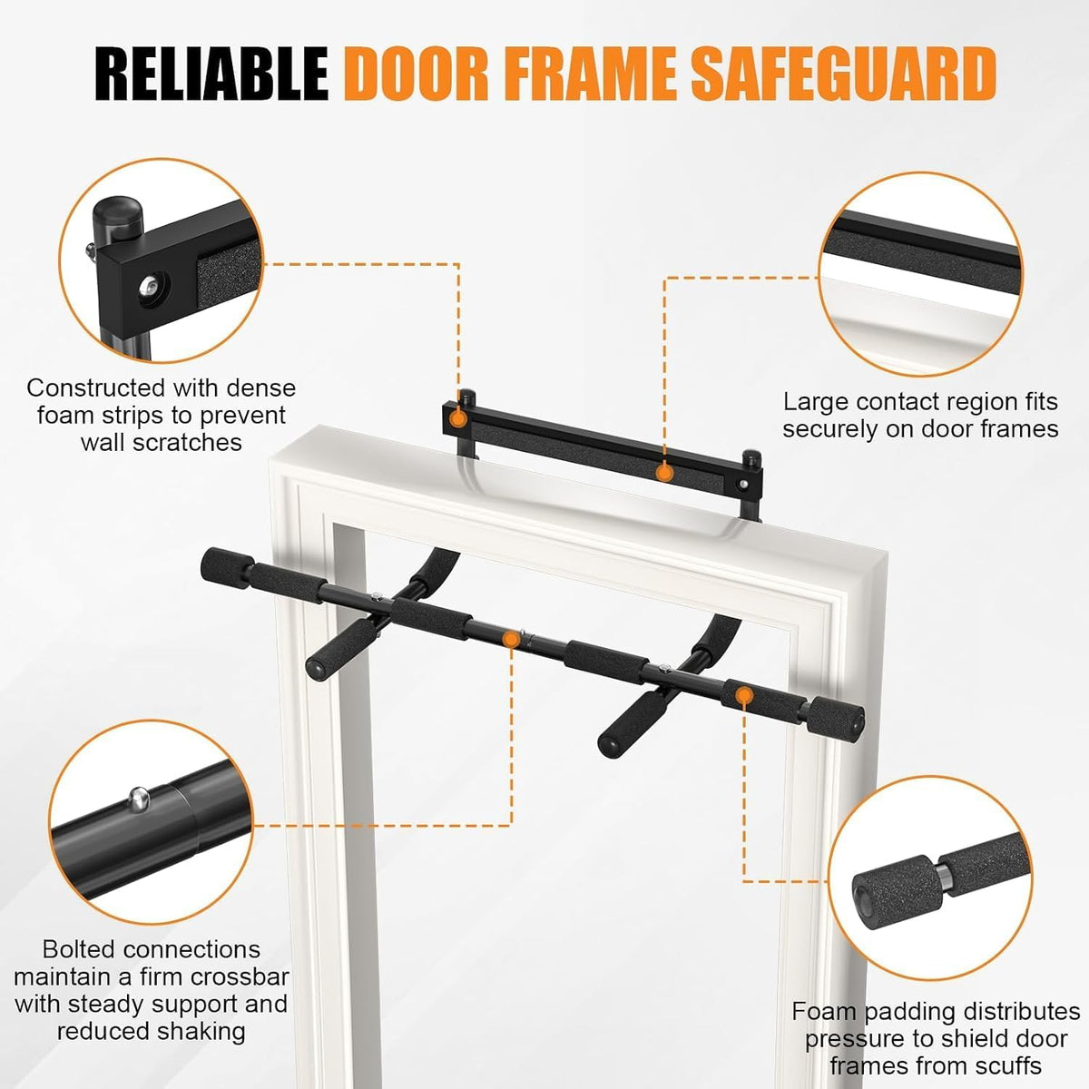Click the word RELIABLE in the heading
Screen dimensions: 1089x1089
pos(211,74)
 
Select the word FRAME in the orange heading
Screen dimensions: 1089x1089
pos(589,74)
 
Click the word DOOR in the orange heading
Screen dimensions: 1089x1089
pos(416,74)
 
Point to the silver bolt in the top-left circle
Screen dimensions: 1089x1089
pos(152,285)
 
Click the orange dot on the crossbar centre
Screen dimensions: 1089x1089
pos(512,639)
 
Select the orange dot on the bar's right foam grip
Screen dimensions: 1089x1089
pos(744,695)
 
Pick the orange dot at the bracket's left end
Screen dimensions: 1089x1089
pos(458,418)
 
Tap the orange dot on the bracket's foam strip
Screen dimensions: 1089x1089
pos(664,473)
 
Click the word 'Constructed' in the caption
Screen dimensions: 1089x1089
pos(94,388)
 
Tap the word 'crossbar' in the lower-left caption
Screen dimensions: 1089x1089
pos(237,976)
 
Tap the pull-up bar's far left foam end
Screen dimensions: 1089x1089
pos(227,567)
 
